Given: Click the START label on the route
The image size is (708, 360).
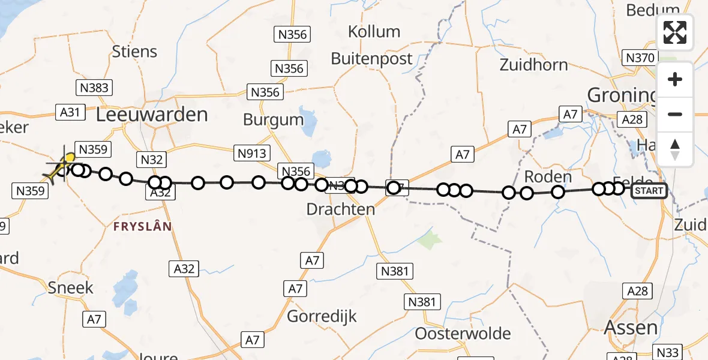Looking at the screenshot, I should (x=649, y=191).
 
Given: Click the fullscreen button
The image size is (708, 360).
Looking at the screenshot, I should (x=675, y=32).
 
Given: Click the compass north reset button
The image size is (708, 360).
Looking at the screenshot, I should (x=675, y=149).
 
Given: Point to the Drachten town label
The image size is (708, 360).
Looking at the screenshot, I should (x=341, y=209).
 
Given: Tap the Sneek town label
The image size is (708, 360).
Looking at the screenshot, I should (x=71, y=287).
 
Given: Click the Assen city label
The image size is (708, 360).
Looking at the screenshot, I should (x=631, y=327).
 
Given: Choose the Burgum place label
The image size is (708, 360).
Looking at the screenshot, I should (x=273, y=119).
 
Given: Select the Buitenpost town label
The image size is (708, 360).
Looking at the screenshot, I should (x=372, y=59).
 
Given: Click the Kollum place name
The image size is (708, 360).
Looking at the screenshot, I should (x=374, y=31).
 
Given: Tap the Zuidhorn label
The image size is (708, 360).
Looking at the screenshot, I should (x=533, y=64).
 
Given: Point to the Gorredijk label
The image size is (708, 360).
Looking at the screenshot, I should (x=322, y=316).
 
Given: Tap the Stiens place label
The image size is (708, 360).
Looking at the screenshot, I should (x=134, y=52).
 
